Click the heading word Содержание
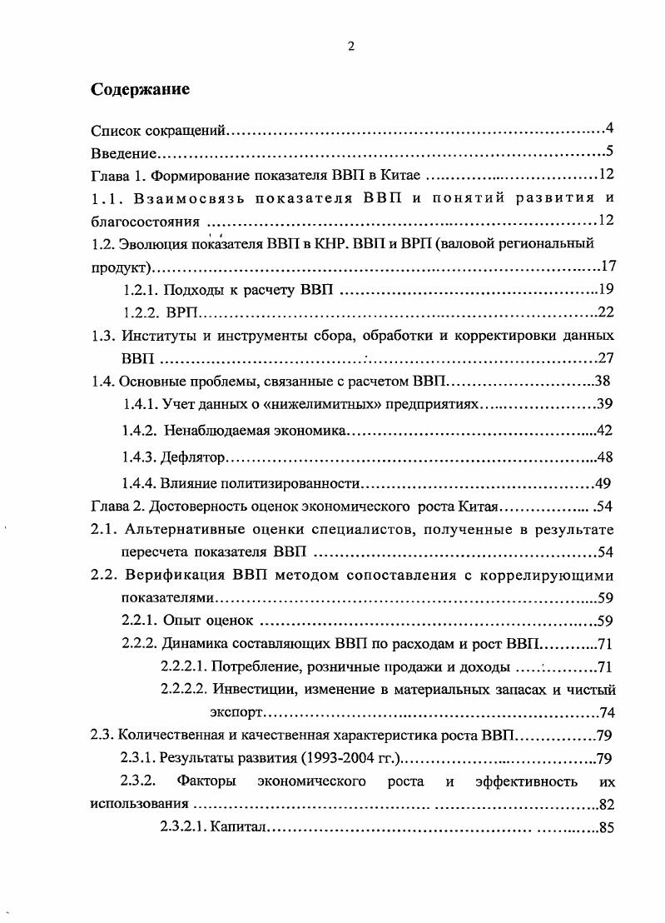point(140,89)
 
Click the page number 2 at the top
point(350,47)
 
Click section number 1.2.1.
point(141,291)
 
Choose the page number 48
point(606,458)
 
